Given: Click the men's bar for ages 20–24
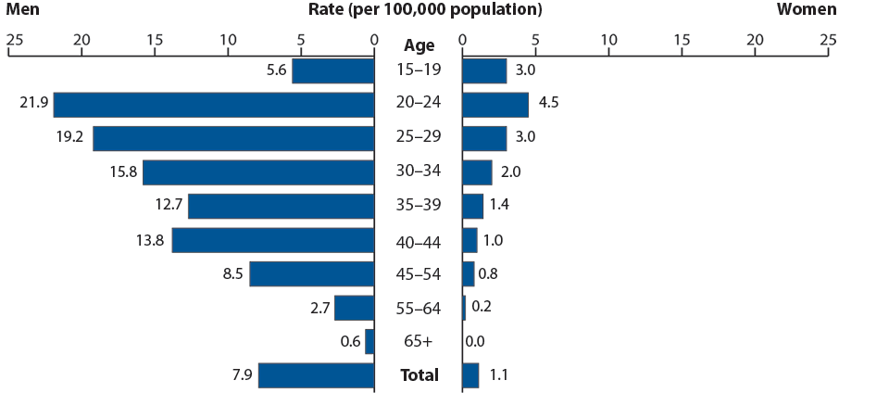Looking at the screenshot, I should [x=214, y=105].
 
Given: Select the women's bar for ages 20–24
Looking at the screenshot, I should [x=495, y=105].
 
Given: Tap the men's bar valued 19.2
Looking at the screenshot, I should [x=233, y=138].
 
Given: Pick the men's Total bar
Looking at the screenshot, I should [x=316, y=375].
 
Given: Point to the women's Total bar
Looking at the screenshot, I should [x=470, y=375].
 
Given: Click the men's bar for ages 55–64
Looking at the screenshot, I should [x=354, y=308].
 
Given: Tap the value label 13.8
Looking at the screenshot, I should [x=149, y=240].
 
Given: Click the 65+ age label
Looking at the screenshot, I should [x=418, y=341].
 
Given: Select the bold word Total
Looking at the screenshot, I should [x=418, y=375].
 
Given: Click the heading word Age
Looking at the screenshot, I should [x=418, y=44].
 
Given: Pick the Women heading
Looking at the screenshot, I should [x=806, y=10].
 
